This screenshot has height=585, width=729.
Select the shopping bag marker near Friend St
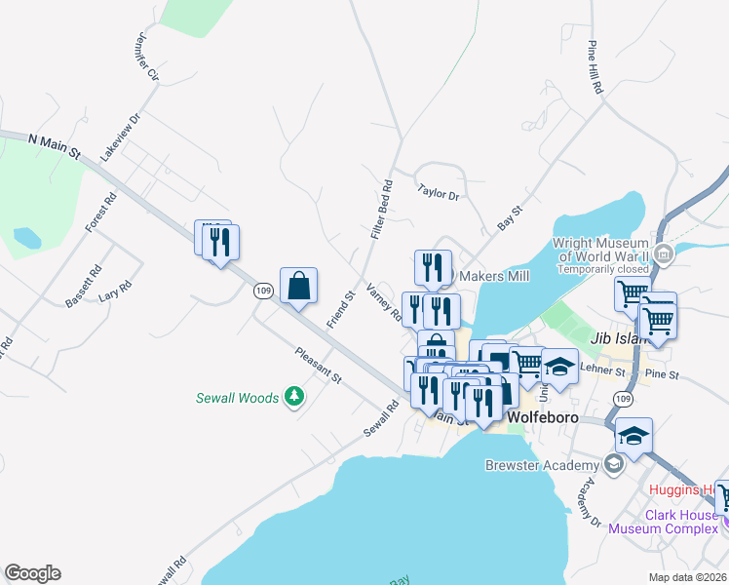click(x=299, y=287)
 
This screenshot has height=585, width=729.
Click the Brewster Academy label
click(x=542, y=465)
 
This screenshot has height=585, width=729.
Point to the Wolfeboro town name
click(x=543, y=417)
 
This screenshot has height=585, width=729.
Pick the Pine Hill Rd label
click(x=595, y=67)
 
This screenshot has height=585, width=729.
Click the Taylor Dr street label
click(x=438, y=192)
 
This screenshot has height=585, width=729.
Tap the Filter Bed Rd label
click(x=381, y=209)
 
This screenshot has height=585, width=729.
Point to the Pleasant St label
click(x=320, y=363)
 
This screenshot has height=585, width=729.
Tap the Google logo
click(x=32, y=573)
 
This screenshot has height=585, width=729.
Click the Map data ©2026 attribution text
click(x=686, y=577)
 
